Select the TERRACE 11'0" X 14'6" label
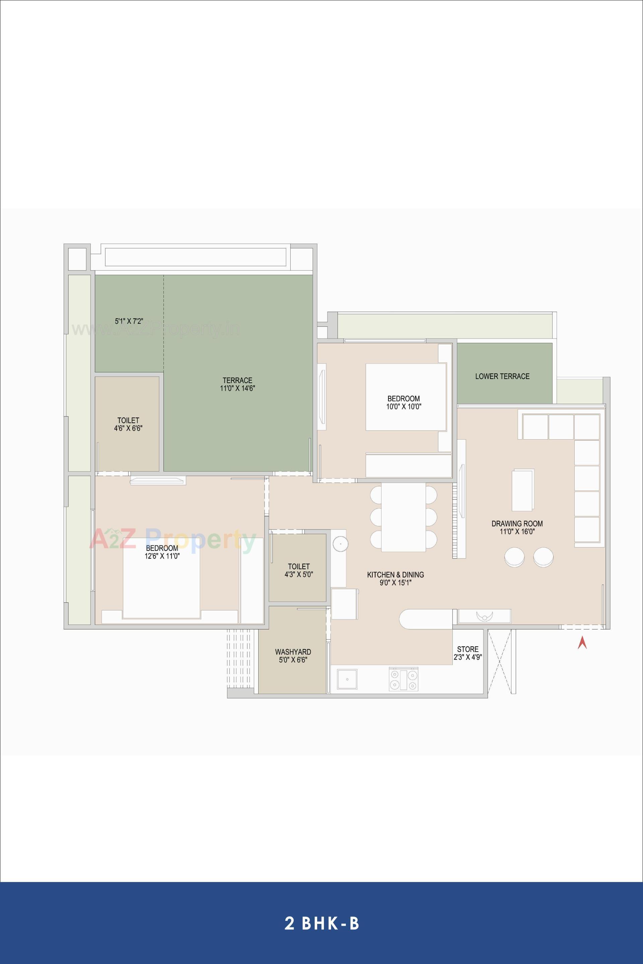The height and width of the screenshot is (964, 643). (x=237, y=384)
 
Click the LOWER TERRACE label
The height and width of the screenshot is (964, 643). (x=502, y=376)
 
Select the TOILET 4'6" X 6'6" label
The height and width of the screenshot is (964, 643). (x=128, y=424)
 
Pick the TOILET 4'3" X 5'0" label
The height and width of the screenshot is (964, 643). (x=298, y=570)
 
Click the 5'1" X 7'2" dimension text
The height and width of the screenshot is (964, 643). (x=129, y=321)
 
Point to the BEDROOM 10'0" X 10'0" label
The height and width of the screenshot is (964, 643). (x=404, y=402)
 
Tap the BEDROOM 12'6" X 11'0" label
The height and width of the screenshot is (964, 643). (x=162, y=552)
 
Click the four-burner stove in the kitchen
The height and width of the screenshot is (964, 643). (x=404, y=679)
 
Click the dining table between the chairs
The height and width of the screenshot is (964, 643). (x=404, y=517)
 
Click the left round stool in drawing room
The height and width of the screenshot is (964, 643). (x=514, y=557)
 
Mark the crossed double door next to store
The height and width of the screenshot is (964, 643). (x=500, y=661)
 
